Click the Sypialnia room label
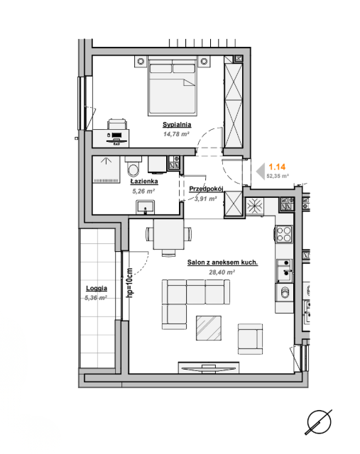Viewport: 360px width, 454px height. click(x=177, y=125)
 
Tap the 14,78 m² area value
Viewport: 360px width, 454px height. click(x=176, y=134)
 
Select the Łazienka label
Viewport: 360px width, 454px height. click(x=144, y=182)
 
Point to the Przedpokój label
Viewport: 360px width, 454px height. click(x=206, y=189)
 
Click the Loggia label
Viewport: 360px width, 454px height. click(x=97, y=289)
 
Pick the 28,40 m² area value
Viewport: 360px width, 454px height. click(x=222, y=272)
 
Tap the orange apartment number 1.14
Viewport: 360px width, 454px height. click(x=277, y=167)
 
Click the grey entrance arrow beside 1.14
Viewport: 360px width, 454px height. click(x=261, y=172)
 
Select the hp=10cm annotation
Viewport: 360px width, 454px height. click(x=129, y=282)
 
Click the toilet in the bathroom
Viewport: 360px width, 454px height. click(x=133, y=167)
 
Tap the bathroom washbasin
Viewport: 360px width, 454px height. click(x=146, y=207)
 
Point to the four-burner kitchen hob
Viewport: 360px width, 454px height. click(x=284, y=234)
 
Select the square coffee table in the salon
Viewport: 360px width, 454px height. click(x=209, y=328)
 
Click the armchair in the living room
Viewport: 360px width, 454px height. click(x=250, y=339)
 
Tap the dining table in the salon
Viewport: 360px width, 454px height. click(x=168, y=234)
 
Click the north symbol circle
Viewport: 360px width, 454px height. click(x=319, y=422)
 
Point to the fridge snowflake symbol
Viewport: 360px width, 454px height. click(x=255, y=206)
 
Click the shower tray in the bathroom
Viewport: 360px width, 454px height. click(x=106, y=170)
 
